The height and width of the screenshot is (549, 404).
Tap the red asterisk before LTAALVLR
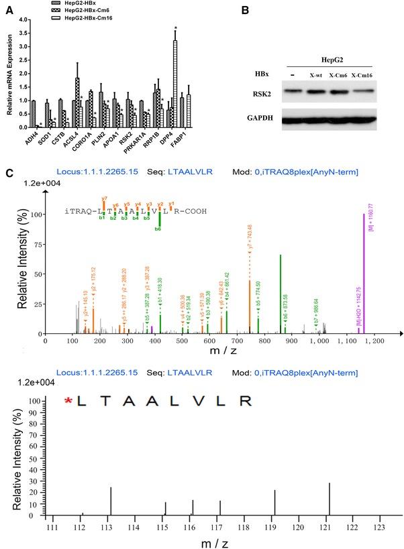[68, 402]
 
